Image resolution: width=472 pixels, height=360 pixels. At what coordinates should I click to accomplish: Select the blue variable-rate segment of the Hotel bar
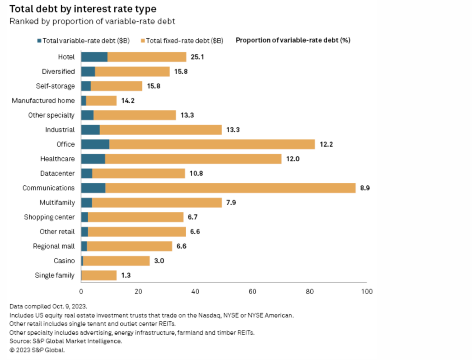click(94, 57)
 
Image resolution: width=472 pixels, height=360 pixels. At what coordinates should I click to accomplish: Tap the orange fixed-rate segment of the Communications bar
click(230, 188)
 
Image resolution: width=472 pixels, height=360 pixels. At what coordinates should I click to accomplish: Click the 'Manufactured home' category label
click(43, 100)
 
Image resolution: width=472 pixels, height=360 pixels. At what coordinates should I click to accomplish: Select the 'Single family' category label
click(55, 276)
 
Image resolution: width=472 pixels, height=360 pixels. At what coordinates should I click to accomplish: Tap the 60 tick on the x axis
click(253, 292)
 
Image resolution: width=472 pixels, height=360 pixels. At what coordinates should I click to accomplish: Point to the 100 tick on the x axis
click(366, 292)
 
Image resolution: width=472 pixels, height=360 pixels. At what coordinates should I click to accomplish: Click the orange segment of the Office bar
click(212, 144)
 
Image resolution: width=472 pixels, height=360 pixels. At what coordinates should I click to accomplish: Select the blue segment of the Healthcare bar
click(93, 159)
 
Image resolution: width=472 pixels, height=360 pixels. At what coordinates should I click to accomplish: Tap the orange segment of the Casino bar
click(116, 261)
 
